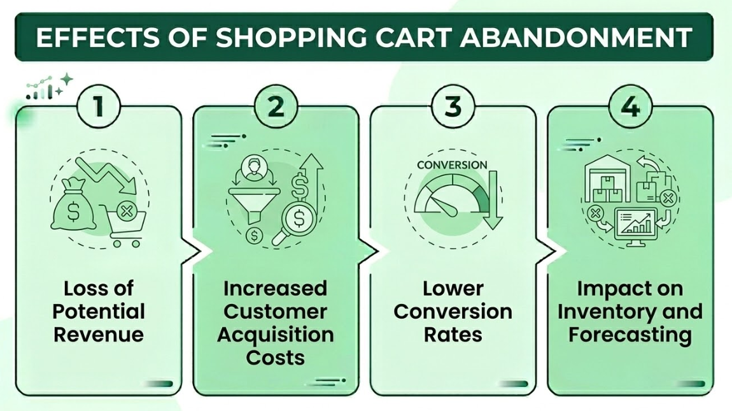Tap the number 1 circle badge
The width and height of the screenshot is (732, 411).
[x=98, y=106]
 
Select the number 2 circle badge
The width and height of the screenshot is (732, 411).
[x=276, y=106]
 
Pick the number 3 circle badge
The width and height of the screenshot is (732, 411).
[x=453, y=106]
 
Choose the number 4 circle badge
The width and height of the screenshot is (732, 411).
[x=630, y=106]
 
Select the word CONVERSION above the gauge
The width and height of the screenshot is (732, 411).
[x=451, y=164]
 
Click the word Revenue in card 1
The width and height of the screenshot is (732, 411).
[x=99, y=334]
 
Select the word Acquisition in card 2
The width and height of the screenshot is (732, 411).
[x=276, y=334]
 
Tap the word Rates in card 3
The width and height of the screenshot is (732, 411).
[x=453, y=334]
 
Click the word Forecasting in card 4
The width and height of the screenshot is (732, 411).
[x=630, y=334]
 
